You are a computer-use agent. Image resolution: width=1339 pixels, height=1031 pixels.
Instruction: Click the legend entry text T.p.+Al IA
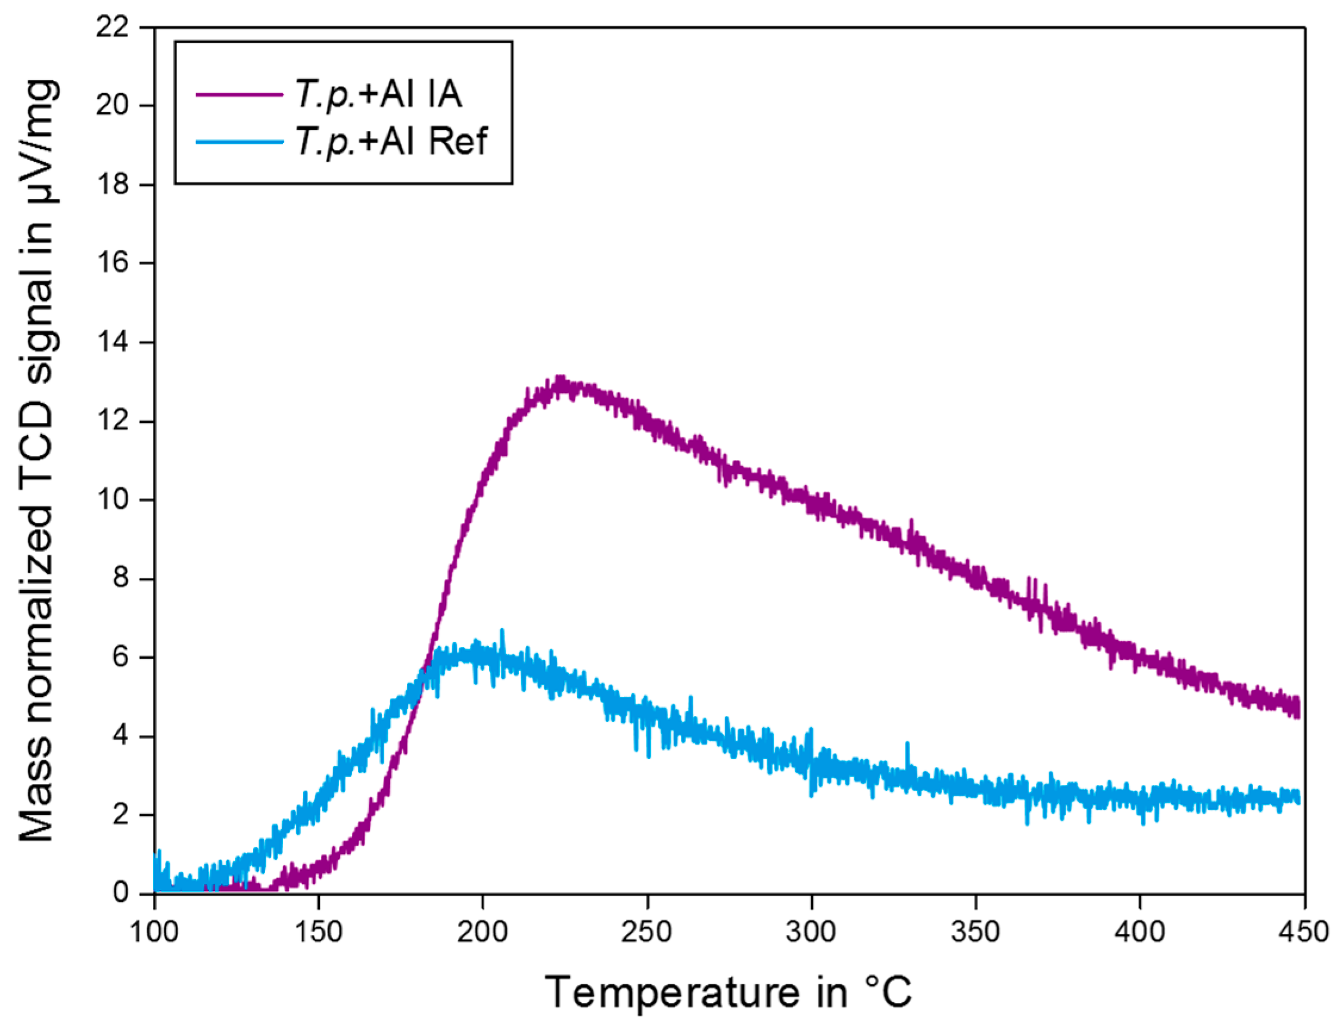tap(379, 95)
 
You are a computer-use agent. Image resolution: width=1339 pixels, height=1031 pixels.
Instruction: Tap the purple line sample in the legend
tap(239, 95)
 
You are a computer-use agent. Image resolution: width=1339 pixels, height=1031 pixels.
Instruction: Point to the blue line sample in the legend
tap(239, 142)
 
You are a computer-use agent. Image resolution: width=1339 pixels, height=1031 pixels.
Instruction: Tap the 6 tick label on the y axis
tap(121, 658)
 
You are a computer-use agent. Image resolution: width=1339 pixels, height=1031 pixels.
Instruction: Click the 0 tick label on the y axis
tap(121, 892)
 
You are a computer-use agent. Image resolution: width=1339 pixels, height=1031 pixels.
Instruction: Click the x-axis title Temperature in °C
tap(728, 992)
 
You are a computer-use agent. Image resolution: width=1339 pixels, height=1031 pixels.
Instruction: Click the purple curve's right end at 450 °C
tap(1297, 707)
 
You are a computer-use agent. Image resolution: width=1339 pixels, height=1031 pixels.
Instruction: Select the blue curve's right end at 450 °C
tap(1297, 797)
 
